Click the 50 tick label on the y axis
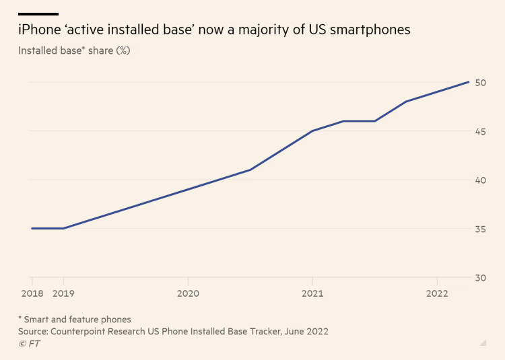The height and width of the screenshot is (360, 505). click(x=481, y=83)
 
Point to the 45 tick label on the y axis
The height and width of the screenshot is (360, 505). click(x=481, y=131)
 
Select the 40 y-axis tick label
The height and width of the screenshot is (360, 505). click(x=481, y=180)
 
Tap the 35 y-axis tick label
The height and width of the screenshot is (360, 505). click(x=481, y=229)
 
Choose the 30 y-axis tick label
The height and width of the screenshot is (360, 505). click(x=481, y=278)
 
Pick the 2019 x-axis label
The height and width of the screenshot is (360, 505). click(x=63, y=293)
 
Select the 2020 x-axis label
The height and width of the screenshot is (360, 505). click(x=187, y=293)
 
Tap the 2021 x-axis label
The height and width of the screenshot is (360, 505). click(x=312, y=293)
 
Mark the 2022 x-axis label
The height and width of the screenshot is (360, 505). click(x=437, y=293)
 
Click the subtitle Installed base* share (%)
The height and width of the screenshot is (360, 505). click(x=74, y=50)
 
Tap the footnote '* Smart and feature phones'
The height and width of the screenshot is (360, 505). click(x=75, y=319)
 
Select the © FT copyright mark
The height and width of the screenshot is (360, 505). click(x=29, y=343)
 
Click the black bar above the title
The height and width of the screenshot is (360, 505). click(x=38, y=13)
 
